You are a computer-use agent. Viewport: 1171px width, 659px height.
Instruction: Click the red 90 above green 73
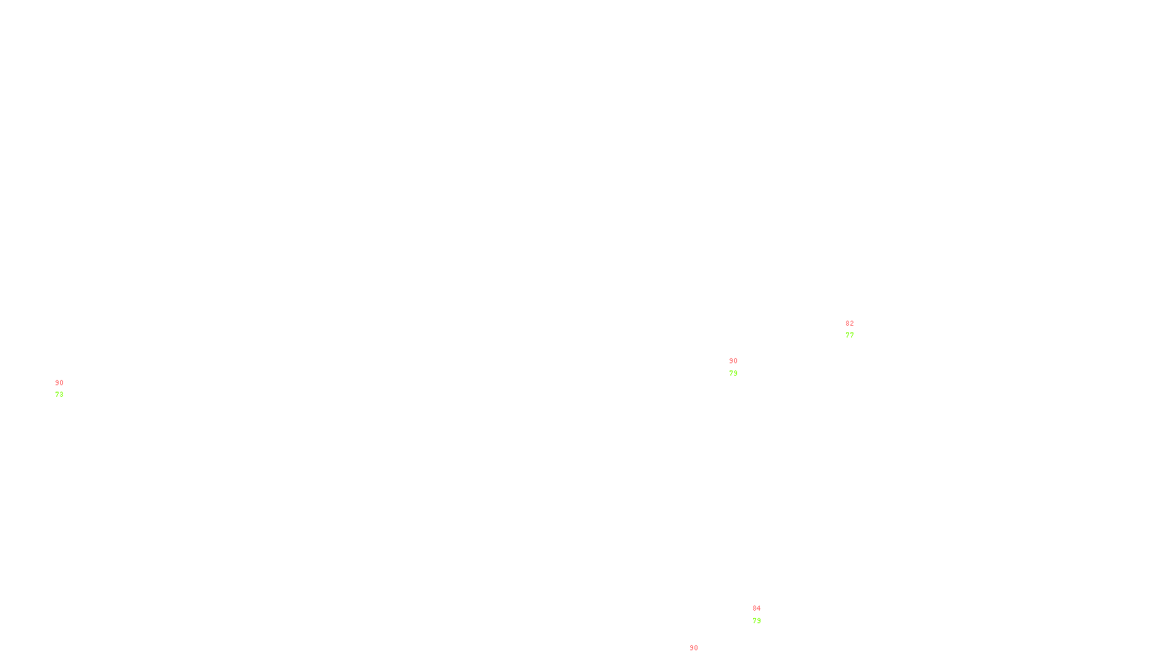[x=59, y=383]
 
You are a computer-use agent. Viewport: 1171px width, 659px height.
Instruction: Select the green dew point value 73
[x=59, y=395]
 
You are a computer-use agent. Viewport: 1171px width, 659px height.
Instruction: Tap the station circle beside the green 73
[x=66, y=389]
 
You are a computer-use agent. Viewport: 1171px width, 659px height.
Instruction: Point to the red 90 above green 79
[x=733, y=361]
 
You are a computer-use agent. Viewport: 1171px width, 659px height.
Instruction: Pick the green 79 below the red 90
[x=733, y=373]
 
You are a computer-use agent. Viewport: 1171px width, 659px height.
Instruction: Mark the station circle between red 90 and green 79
[x=740, y=367]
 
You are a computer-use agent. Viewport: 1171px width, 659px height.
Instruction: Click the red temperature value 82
[x=850, y=324]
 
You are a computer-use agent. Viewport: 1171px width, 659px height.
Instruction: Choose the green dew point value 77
[x=850, y=335]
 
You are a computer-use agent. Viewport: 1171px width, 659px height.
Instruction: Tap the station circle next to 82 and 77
[x=856, y=329]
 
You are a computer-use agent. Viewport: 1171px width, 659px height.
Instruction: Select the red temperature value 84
[x=757, y=608]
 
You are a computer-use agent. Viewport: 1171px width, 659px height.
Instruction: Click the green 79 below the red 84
[x=757, y=621]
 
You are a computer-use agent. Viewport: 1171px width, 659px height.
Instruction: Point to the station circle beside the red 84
[x=764, y=614]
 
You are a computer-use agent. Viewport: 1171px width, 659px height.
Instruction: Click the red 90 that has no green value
[x=694, y=648]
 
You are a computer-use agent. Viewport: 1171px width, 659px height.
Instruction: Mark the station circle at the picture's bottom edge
[x=701, y=655]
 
